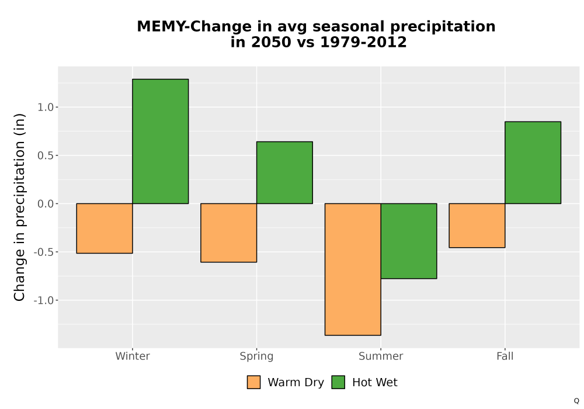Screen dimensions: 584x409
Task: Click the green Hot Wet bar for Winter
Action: pos(161,141)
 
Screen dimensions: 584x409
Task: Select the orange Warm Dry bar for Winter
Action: pos(105,228)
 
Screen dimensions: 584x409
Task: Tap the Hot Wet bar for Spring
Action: pos(284,172)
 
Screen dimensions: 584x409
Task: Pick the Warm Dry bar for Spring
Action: pos(229,233)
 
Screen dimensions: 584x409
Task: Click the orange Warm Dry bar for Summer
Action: pos(353,269)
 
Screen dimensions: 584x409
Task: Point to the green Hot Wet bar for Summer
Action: pos(409,241)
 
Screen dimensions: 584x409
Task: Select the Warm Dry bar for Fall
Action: pos(477,226)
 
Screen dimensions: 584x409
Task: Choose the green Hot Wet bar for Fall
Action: pos(533,162)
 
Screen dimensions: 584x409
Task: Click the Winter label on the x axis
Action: pos(133,356)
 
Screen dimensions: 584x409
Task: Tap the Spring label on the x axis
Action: pos(256,356)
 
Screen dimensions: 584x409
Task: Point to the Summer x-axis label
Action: pos(381,356)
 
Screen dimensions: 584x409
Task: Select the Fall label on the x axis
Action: pos(505,356)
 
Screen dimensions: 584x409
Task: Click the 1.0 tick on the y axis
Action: pos(46,108)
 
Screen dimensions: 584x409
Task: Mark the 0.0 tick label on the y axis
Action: pos(46,204)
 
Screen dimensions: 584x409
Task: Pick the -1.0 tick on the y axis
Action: pos(44,300)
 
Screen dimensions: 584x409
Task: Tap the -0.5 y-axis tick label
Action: pos(44,252)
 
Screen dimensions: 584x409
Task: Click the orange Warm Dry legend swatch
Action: pos(253,382)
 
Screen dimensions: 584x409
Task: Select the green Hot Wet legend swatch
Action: pos(338,382)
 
